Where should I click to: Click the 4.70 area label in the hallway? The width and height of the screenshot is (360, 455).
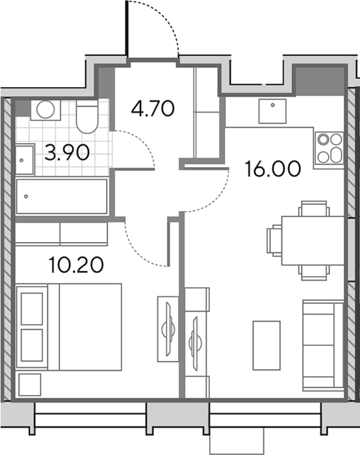click(x=153, y=109)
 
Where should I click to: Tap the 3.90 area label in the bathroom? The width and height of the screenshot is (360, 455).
click(x=67, y=153)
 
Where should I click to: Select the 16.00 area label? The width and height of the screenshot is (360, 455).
click(x=273, y=169)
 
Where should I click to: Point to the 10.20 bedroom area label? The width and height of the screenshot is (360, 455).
click(x=76, y=265)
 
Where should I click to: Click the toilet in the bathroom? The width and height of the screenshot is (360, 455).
click(x=87, y=116)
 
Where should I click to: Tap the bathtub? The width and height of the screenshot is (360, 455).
click(x=62, y=196)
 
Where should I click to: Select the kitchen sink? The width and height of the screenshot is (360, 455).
click(x=272, y=111)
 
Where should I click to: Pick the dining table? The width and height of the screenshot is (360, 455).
click(x=313, y=240)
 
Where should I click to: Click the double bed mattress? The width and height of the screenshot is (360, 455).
click(x=84, y=327)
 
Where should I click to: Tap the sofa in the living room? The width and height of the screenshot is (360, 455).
click(x=323, y=345)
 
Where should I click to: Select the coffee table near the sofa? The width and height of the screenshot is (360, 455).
click(x=266, y=345)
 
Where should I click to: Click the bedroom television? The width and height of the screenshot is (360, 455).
click(x=168, y=329)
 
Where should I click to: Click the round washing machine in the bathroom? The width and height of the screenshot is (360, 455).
click(x=45, y=110)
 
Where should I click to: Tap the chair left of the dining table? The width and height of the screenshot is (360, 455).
click(x=274, y=240)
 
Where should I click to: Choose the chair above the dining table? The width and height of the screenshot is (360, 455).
click(x=314, y=209)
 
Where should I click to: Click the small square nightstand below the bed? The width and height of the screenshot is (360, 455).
click(x=30, y=385)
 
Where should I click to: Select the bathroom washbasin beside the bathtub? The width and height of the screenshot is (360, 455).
click(x=25, y=160)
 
